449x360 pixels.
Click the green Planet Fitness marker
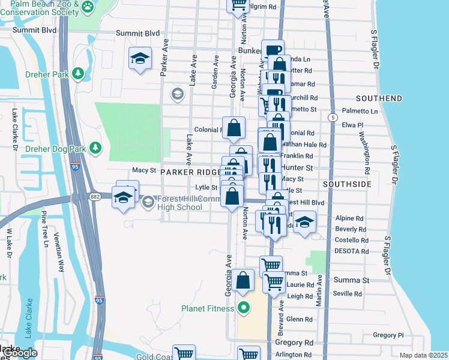[x=243, y=309]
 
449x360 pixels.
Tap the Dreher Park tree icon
[x=77, y=73]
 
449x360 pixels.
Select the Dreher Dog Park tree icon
[x=95, y=148]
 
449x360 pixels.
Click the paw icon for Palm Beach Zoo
[x=88, y=7]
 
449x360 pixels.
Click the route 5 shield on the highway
[x=332, y=118]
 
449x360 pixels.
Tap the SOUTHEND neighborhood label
[x=379, y=98]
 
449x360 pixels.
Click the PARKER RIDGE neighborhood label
[x=187, y=172]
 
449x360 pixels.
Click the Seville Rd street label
[x=348, y=294]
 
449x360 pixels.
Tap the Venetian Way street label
[x=60, y=252]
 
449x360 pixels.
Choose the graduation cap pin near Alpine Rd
[x=305, y=221]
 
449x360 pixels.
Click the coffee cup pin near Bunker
[x=273, y=51]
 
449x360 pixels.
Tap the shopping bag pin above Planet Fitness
[x=243, y=280]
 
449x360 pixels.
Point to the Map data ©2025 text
[x=424, y=356]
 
